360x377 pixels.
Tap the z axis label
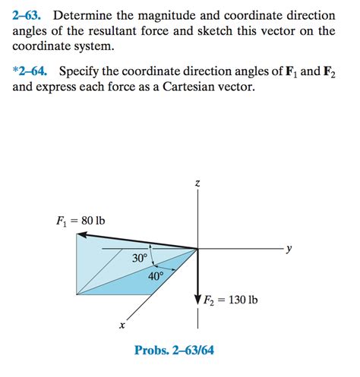pos(197,184)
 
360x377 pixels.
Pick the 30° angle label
pos(140,259)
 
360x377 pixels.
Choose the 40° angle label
pos(155,276)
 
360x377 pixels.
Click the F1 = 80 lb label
pos(81,221)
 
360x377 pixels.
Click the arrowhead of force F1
pos(83,237)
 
